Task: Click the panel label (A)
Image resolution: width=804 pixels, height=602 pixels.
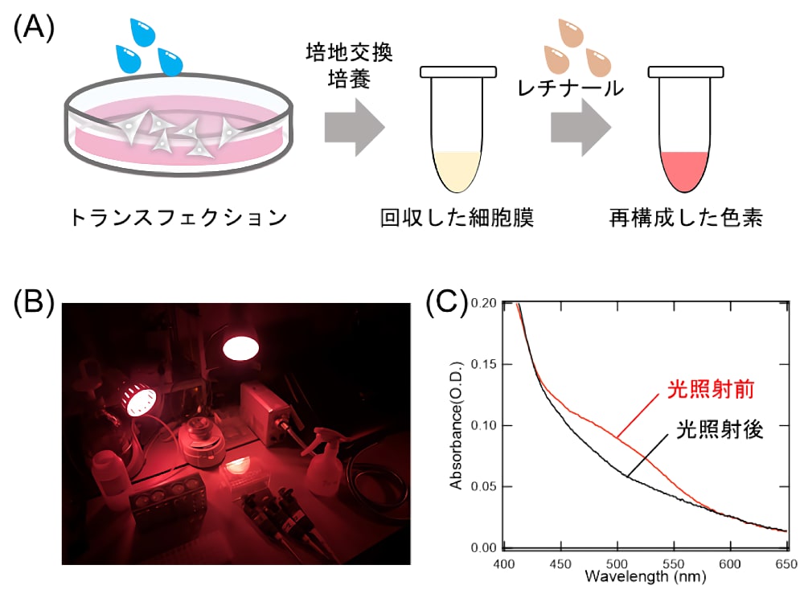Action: coord(34,28)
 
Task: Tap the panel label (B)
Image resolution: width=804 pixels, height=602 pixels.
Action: coord(34,302)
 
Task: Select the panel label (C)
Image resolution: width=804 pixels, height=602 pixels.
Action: coord(447,302)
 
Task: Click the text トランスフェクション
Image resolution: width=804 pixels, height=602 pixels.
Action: coord(178,218)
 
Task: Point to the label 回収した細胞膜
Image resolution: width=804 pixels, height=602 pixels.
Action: coord(457,218)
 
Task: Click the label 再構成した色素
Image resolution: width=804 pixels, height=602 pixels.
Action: coord(686,218)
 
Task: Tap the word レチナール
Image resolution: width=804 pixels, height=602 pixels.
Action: coord(571,88)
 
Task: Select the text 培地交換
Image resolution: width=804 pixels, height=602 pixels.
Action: coord(349,52)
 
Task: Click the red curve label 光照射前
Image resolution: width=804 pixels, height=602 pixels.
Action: coord(711,390)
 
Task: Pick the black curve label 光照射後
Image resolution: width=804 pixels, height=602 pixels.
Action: coord(720,430)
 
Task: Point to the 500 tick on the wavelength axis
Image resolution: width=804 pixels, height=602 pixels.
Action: coord(617,564)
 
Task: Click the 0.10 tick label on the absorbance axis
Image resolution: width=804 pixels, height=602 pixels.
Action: coord(483,425)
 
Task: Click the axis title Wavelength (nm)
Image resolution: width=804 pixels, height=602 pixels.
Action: coord(645,576)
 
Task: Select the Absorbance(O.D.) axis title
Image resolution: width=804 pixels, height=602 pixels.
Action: coord(456,425)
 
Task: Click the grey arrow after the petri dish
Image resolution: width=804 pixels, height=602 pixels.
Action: coord(355,128)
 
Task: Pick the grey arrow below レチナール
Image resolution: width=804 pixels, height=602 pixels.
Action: coord(581,128)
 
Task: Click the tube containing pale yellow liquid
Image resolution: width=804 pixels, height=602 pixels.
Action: coord(458,129)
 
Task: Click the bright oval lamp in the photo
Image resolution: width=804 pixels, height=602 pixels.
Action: coord(240,348)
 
